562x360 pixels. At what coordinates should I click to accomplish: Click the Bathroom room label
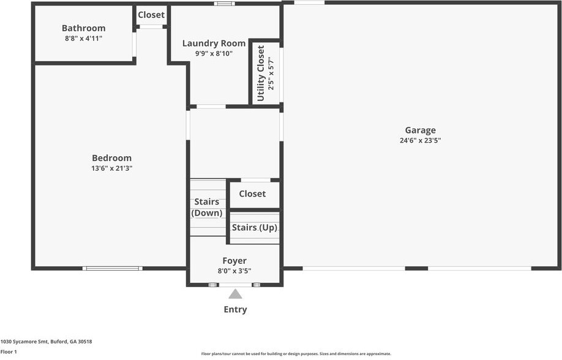coord(83,28)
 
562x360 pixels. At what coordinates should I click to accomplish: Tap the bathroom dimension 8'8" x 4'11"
coord(83,39)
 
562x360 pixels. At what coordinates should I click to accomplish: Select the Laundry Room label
coord(214,43)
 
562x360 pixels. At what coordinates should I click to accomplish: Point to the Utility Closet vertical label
coord(261,73)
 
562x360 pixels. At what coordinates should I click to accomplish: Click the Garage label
coord(421,130)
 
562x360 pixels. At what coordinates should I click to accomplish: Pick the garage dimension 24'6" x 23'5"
coord(421,140)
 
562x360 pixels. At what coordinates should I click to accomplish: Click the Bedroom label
coord(112,158)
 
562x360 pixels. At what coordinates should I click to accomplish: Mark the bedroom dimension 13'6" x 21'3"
coord(112,168)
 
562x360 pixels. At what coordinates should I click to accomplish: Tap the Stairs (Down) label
coord(207,208)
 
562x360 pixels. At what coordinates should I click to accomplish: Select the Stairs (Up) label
coord(255,228)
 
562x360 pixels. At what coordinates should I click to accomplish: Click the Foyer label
coord(234,261)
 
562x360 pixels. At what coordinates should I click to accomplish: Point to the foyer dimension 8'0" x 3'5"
coord(234,271)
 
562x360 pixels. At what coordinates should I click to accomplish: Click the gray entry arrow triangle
coord(235,294)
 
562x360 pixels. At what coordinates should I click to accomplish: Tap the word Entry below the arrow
coord(235,309)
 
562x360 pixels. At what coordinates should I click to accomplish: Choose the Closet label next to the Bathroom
coord(151,15)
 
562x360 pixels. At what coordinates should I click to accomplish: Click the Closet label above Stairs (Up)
coord(252,193)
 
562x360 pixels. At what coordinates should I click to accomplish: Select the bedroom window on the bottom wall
coord(113,268)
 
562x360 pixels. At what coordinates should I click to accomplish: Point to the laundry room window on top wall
coord(225,4)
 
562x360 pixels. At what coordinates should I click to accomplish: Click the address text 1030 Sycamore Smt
coord(24,342)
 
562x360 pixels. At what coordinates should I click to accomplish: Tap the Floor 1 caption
coord(9,352)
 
